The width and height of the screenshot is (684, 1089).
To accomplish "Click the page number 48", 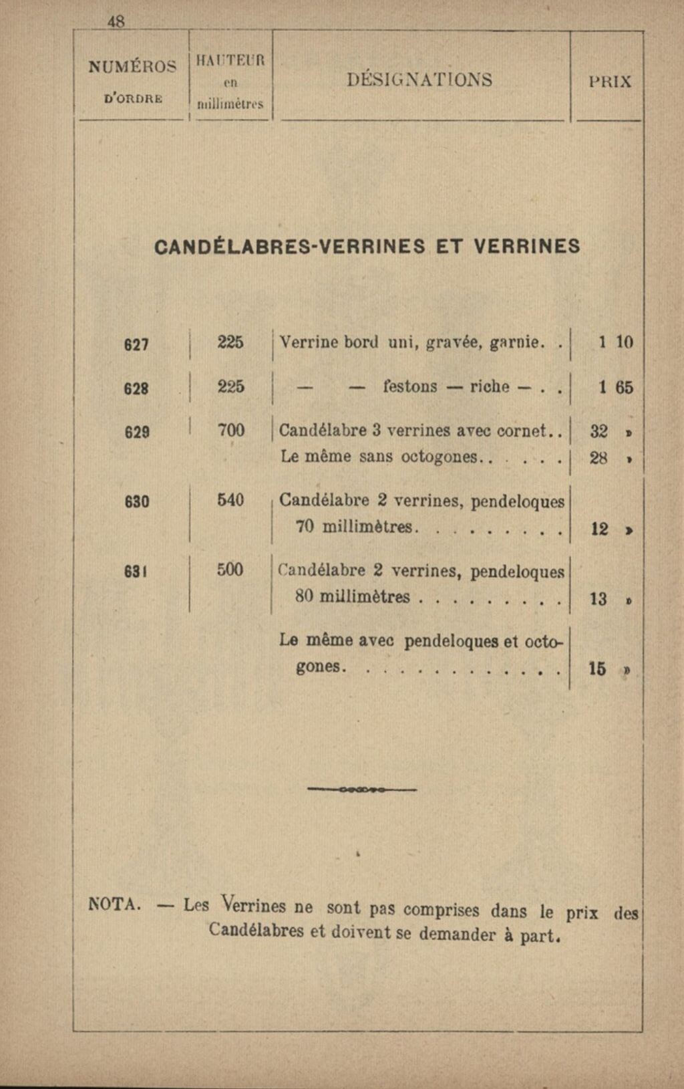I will (116, 22).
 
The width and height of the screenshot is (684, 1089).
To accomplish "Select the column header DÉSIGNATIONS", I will (419, 80).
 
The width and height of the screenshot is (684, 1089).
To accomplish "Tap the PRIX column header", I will (610, 82).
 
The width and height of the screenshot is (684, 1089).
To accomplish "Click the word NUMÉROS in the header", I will (133, 66).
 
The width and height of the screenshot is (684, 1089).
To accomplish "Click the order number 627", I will (136, 344).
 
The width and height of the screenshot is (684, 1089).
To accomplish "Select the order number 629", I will (136, 432).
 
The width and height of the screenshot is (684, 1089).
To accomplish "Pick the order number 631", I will (136, 572).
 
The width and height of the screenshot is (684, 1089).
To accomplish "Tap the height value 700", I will (231, 431).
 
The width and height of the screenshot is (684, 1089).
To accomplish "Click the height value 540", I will (230, 499).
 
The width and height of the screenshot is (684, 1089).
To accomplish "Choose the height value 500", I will (230, 570).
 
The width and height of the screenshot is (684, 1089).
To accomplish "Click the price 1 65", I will (615, 388).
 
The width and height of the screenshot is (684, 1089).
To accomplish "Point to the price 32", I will (599, 432).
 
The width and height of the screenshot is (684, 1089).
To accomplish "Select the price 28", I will (599, 459).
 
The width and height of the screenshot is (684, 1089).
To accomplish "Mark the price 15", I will (598, 668).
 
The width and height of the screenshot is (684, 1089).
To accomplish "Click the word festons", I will (410, 387).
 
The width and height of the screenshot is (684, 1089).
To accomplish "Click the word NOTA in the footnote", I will (114, 904).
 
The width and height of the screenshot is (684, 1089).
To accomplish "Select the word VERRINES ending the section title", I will (527, 247).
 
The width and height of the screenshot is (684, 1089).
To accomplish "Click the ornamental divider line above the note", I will (362, 790).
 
